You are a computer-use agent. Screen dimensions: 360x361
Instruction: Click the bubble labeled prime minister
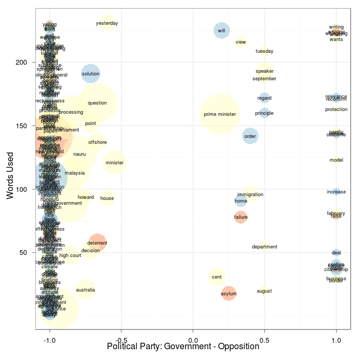click(220, 114)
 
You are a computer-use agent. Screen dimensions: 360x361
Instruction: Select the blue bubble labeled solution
click(91, 74)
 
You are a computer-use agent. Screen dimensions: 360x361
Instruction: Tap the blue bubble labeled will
click(221, 31)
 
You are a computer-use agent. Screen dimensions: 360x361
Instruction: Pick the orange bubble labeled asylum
click(229, 294)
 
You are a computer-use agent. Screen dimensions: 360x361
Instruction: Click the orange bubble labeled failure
click(241, 217)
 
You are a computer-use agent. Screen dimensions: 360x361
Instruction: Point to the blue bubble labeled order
click(250, 136)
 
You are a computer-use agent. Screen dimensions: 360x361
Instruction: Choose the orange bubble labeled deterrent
click(97, 243)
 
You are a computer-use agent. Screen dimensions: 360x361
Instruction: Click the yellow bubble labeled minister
click(114, 162)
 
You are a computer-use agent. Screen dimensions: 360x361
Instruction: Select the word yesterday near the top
click(107, 23)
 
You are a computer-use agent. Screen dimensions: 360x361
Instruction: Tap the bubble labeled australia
click(85, 290)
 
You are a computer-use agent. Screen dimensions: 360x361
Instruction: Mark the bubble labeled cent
click(216, 277)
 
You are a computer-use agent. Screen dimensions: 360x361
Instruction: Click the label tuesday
click(264, 51)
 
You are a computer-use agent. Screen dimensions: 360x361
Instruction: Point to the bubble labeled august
click(264, 291)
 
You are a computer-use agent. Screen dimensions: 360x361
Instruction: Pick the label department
click(264, 247)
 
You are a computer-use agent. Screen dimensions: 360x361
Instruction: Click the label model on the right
click(336, 160)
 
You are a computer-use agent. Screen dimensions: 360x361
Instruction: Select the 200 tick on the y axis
click(21, 63)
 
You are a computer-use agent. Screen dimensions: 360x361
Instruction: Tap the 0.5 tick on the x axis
click(264, 340)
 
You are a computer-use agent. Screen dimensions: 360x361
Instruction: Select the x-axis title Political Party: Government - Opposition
click(183, 347)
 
